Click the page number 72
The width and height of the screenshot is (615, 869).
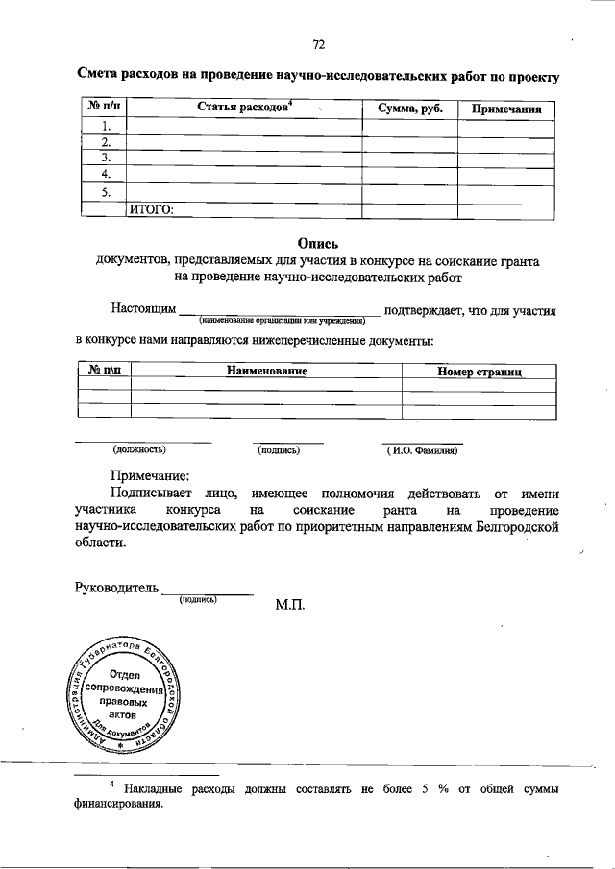pyautogui.click(x=319, y=44)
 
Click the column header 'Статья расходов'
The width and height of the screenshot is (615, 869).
pyautogui.click(x=244, y=107)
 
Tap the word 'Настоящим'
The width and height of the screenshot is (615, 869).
pyautogui.click(x=143, y=311)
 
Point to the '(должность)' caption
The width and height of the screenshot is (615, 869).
pyautogui.click(x=139, y=449)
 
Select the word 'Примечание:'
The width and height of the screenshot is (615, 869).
pyautogui.click(x=149, y=473)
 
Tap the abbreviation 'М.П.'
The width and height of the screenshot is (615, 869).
pyautogui.click(x=290, y=607)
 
